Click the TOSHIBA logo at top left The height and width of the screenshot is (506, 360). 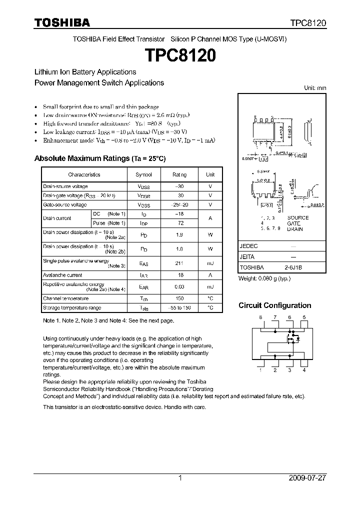(62, 22)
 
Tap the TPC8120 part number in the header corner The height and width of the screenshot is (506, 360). (308, 23)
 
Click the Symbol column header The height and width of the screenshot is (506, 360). (143, 174)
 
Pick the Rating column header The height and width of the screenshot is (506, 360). (179, 174)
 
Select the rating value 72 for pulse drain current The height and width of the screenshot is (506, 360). (179, 222)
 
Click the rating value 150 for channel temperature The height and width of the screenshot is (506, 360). (179, 298)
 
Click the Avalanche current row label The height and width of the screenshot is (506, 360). (62, 275)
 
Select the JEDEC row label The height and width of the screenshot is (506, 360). (248, 246)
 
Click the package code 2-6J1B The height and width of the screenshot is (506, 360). (293, 267)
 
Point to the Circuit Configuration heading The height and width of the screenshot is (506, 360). (274, 305)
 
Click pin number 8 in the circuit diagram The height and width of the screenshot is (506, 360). (260, 318)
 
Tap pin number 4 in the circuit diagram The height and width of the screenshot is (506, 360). (303, 370)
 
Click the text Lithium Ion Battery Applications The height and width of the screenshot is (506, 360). (85, 72)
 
